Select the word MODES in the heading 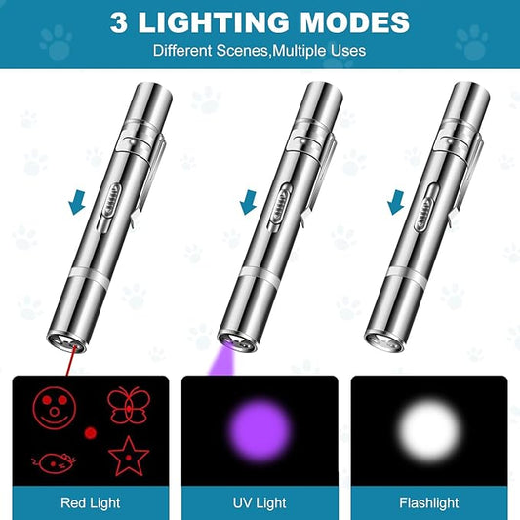click(354, 21)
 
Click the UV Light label click(260, 503)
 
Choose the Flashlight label click(428, 503)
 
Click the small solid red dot click(90, 431)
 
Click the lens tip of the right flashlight click(382, 342)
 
